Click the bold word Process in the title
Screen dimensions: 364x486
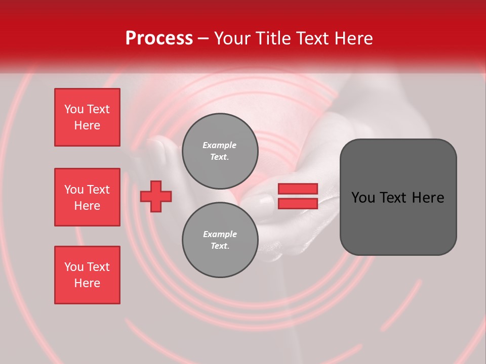(x=159, y=38)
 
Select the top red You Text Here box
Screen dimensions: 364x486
(x=87, y=117)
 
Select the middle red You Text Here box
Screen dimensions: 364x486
(x=87, y=197)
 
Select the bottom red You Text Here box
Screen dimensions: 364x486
(x=87, y=275)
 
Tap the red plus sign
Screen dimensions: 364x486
(x=156, y=196)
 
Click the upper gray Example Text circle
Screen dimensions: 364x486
(x=220, y=151)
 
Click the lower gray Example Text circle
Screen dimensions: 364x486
(x=220, y=240)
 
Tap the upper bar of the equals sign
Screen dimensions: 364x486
(x=298, y=189)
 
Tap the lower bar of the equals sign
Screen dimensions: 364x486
(x=298, y=203)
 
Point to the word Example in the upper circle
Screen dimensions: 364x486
(x=220, y=145)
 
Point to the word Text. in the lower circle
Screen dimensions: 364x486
(x=220, y=246)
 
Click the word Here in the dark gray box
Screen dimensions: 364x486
(x=428, y=198)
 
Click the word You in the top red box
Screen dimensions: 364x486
(x=74, y=109)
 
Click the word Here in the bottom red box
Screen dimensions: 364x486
(x=87, y=283)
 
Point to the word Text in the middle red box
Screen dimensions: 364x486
(x=99, y=190)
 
